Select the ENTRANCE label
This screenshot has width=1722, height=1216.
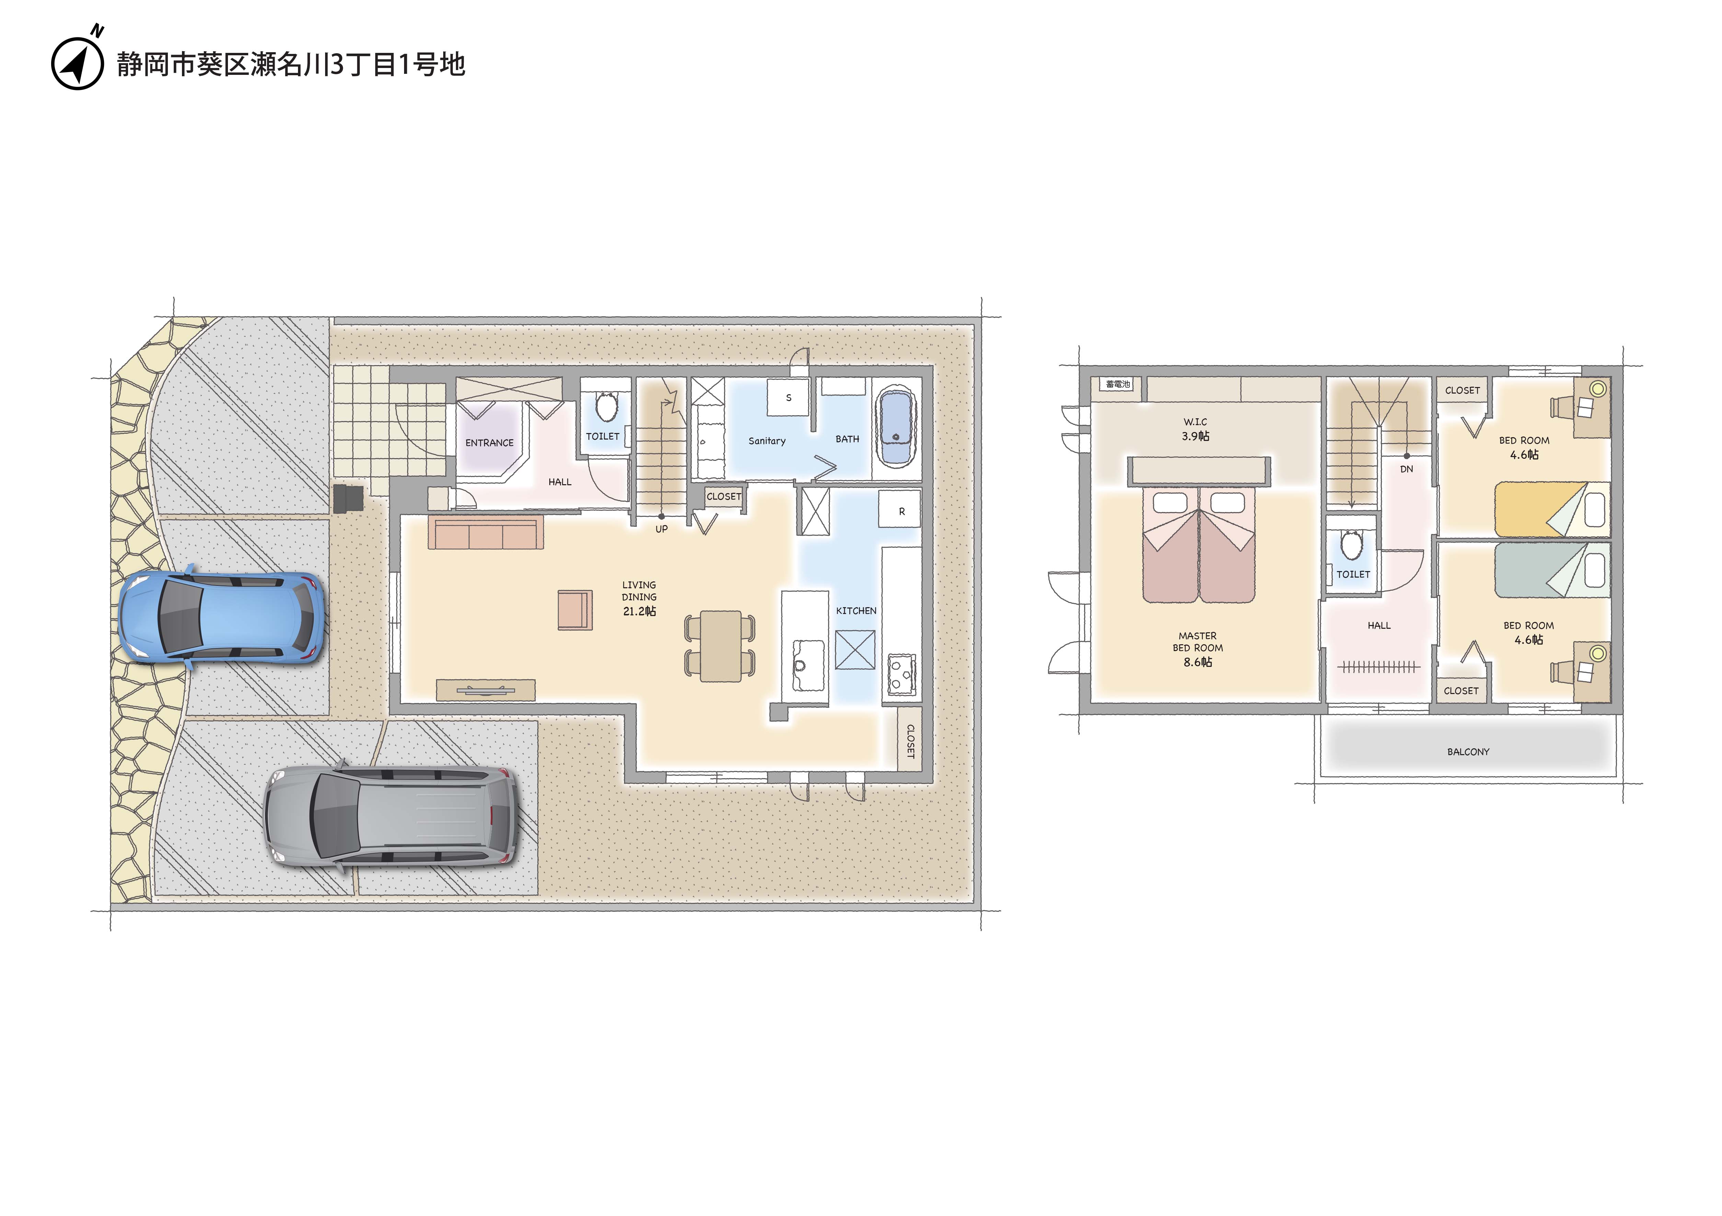click(489, 443)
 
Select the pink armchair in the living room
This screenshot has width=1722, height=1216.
click(574, 610)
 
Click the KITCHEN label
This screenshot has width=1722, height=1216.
click(856, 611)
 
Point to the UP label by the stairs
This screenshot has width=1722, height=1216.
click(662, 529)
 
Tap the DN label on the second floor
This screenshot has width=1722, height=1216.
click(1406, 469)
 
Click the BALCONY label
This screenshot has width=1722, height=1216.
click(1468, 752)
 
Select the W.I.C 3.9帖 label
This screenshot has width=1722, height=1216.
click(1195, 429)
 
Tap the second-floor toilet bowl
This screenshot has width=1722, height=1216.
click(1352, 545)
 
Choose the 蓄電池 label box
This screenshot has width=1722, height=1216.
click(1117, 384)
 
